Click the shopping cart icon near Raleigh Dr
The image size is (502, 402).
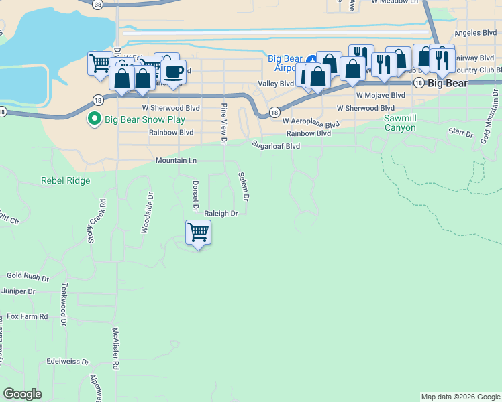pos(198,233)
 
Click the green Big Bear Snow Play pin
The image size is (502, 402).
pos(94,119)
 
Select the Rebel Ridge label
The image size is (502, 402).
pos(65,180)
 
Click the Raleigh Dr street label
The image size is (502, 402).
pos(221,214)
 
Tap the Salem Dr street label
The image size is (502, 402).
pos(244,186)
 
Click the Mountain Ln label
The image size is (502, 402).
pos(176,161)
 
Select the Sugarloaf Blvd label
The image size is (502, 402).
pos(276,145)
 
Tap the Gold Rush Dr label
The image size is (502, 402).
pos(28,276)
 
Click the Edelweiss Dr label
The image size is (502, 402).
pos(68,361)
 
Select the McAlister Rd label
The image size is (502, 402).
pos(115,349)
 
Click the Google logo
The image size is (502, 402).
pos(22,394)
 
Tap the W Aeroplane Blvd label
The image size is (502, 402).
pos(311,121)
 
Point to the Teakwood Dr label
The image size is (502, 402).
pos(64,304)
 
